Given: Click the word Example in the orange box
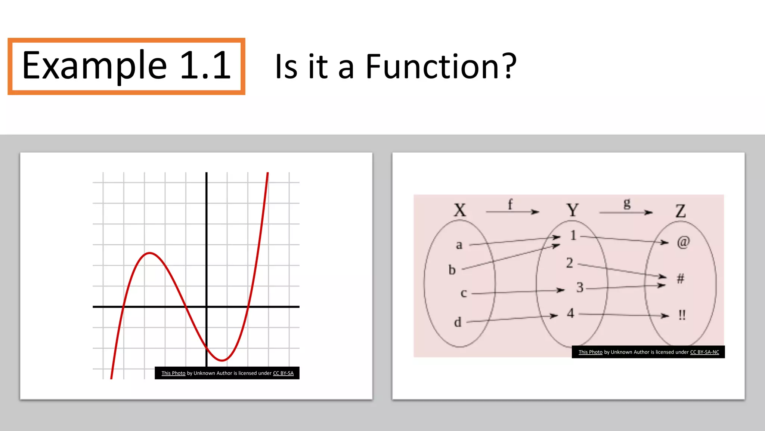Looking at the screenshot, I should [x=94, y=66].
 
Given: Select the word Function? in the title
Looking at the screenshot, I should [x=441, y=67].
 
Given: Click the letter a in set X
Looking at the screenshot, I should [x=459, y=245].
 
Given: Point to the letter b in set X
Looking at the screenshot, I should [x=452, y=270].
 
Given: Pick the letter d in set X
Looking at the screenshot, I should [x=458, y=322].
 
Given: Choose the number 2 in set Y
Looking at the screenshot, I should [x=569, y=263].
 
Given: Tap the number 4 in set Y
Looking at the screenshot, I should [x=570, y=313].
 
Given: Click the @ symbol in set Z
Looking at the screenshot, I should [x=683, y=242].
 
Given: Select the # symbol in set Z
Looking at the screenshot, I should [x=681, y=278].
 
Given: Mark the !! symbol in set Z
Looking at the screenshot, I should [x=682, y=315].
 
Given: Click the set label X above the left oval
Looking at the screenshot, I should [x=460, y=210].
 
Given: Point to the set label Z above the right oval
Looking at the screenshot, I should [x=681, y=211].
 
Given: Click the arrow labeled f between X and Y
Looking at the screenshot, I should [x=512, y=212].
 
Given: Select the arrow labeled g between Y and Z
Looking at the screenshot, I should [x=626, y=213].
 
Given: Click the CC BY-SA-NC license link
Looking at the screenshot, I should [x=704, y=352].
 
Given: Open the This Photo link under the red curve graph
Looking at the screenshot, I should [x=173, y=373].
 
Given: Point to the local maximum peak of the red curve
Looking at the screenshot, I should [x=149, y=253].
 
